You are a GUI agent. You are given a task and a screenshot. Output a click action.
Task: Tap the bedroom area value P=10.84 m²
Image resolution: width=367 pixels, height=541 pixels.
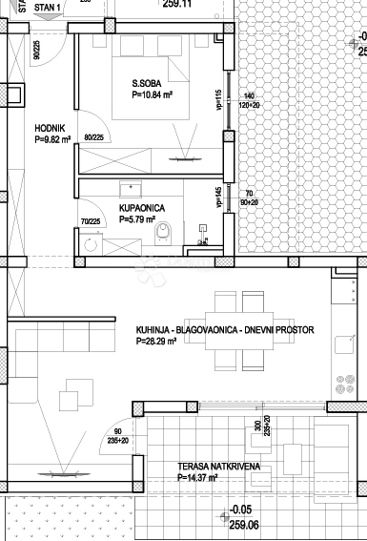pyautogui.click(x=152, y=95)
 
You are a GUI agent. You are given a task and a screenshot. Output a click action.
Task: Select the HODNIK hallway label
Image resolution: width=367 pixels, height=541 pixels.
pyautogui.click(x=50, y=127)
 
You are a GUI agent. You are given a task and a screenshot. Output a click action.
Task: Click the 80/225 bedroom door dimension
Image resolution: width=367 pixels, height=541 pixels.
pyautogui.click(x=94, y=137)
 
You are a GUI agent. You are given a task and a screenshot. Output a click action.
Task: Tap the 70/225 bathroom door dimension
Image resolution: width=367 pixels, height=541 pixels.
pyautogui.click(x=91, y=222)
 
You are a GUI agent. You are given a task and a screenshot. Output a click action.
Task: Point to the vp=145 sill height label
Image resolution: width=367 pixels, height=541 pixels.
pyautogui.click(x=218, y=198)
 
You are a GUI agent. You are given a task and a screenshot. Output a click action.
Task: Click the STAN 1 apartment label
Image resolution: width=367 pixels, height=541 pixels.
pyautogui.click(x=47, y=7)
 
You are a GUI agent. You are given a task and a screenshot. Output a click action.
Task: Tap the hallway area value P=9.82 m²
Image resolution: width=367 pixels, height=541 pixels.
pyautogui.click(x=53, y=138)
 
